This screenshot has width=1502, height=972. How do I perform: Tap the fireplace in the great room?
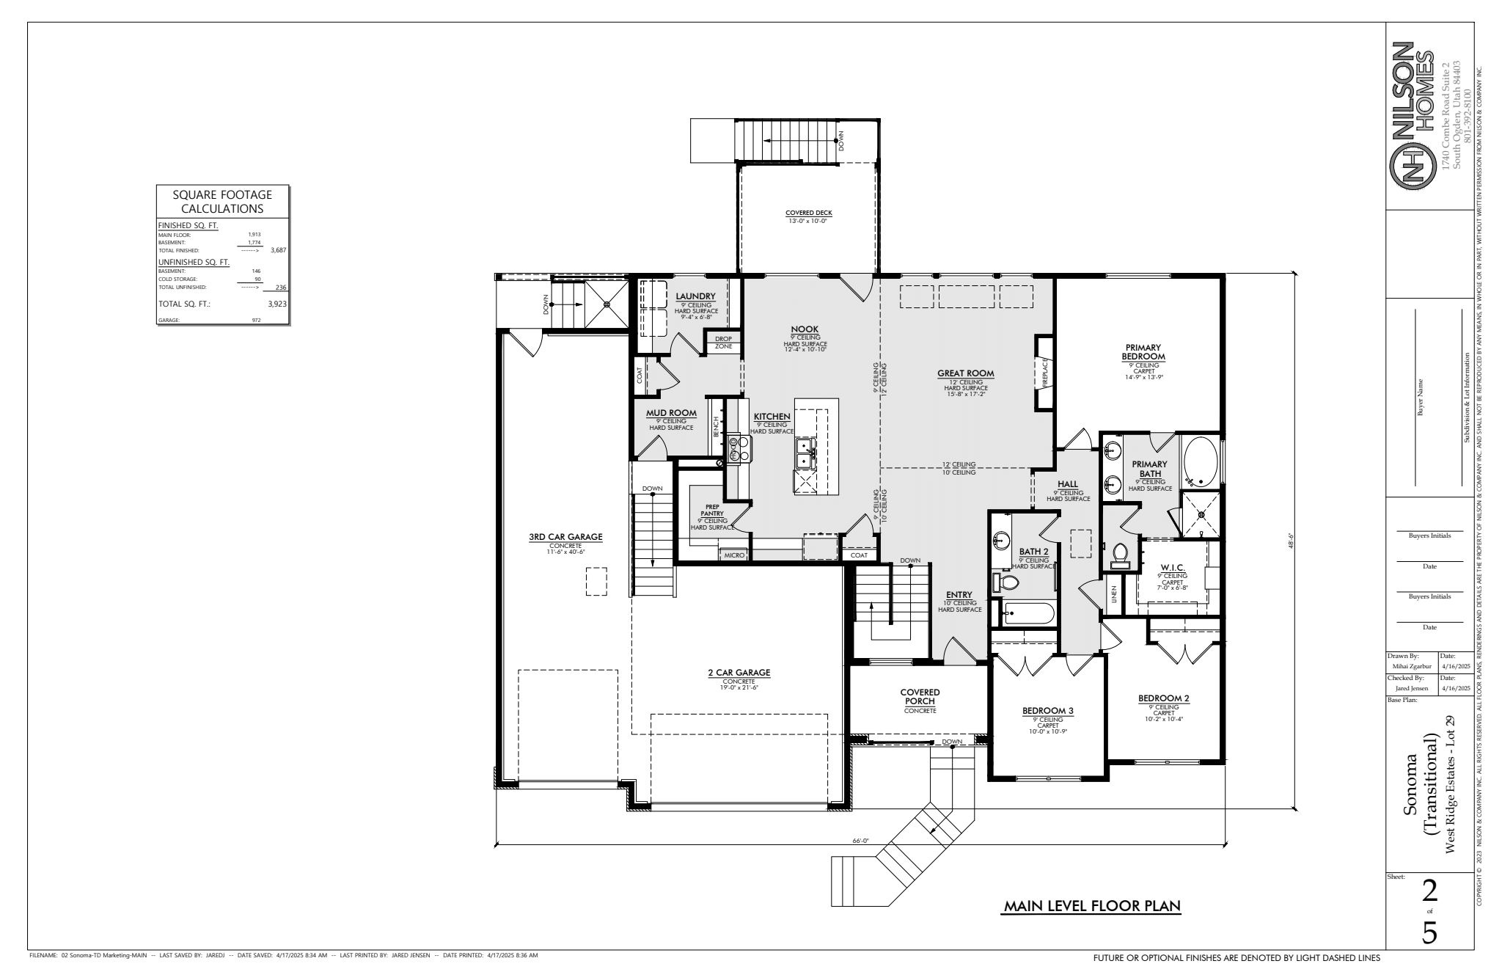pos(1044,373)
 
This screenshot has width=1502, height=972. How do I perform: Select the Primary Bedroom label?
pos(1143,352)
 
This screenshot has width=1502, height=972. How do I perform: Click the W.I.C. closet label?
pos(1172,569)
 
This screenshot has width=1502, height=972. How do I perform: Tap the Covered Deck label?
pos(808,213)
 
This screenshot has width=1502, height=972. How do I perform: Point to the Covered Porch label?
pos(920,696)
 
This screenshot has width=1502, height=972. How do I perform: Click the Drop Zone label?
pos(723,343)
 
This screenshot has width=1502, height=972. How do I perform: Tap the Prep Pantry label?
pos(712,510)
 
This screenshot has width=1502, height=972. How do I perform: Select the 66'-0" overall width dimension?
pos(860,841)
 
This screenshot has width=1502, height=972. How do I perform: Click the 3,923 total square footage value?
pos(277,303)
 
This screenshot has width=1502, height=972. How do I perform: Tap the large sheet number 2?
pos(1429,892)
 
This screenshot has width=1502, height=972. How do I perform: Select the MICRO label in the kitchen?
pos(734,555)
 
